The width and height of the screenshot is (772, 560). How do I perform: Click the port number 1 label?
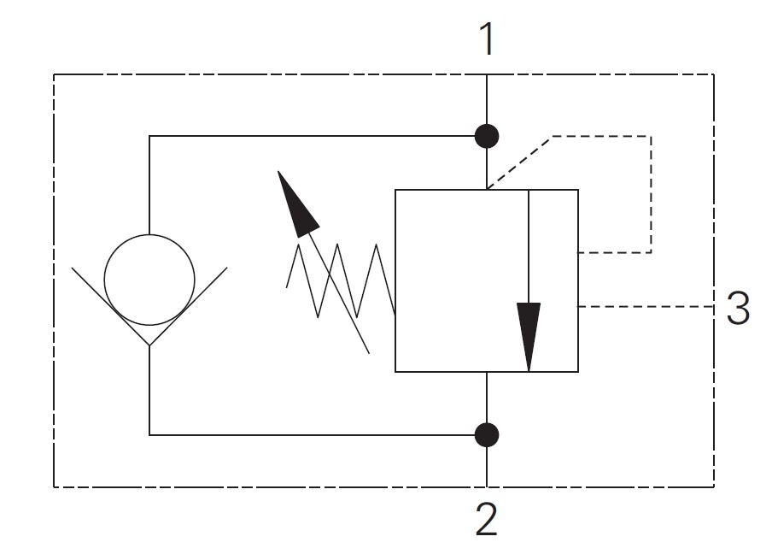point(487,38)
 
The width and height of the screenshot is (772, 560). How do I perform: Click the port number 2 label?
point(486,518)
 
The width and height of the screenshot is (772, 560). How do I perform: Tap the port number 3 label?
point(738,308)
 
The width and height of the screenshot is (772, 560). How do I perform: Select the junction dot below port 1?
point(487,135)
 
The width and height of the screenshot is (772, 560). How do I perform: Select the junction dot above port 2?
point(487,434)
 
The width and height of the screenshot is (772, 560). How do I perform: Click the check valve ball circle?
point(149,280)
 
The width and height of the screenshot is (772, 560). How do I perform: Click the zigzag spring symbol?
point(342,280)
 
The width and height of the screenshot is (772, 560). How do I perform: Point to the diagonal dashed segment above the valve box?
point(519,162)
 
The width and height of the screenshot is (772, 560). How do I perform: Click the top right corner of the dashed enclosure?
point(713,75)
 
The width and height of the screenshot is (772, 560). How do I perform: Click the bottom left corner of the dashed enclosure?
point(55,486)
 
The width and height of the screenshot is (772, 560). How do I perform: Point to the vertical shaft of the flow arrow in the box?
point(529,248)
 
